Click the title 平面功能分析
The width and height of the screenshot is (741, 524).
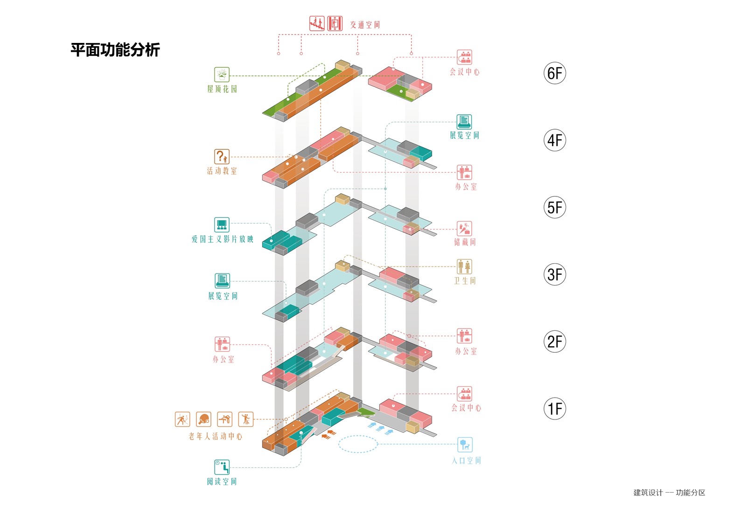[115, 49]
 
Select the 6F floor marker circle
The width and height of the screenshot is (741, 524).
[554, 73]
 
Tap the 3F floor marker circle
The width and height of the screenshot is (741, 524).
[554, 274]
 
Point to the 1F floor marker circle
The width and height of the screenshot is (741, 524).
[554, 409]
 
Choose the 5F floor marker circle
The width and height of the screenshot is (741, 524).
[554, 207]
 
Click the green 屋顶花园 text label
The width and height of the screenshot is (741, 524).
[222, 89]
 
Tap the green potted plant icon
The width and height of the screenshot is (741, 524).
[222, 74]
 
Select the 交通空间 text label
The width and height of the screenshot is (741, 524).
[365, 25]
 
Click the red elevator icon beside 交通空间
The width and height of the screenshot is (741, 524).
[335, 23]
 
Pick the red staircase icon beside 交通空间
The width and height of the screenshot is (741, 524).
[317, 23]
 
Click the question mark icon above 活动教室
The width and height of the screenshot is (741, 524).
[222, 156]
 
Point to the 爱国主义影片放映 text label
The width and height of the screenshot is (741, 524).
[222, 239]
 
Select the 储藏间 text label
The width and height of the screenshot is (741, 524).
[465, 242]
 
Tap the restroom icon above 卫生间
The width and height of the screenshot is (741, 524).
[464, 267]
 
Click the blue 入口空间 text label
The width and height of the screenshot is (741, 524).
[466, 461]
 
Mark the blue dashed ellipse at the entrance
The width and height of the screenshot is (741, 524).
[357, 444]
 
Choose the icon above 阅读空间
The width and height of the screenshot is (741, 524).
[222, 467]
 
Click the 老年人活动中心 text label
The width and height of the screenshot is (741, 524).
[215, 436]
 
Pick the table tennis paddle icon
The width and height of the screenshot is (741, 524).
[203, 419]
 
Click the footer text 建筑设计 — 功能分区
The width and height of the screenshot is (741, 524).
[669, 492]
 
